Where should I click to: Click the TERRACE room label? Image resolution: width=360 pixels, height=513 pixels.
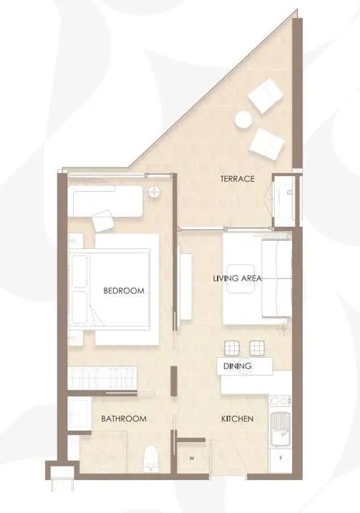click(x=237, y=179)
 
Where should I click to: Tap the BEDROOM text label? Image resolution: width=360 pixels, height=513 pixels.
click(x=124, y=290)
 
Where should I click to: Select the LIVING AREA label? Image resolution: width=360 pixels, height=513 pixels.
click(x=238, y=278)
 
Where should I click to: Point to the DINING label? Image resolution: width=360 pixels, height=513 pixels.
click(x=238, y=366)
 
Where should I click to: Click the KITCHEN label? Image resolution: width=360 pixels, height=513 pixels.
click(x=238, y=419)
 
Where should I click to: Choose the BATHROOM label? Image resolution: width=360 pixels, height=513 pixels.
click(x=124, y=419)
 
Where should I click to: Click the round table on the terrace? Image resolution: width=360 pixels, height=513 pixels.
click(x=243, y=119)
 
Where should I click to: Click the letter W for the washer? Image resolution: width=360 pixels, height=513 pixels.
click(x=192, y=459)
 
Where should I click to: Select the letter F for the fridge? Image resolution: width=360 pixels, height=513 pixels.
click(x=281, y=459)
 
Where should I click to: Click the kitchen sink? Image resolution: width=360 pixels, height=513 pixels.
click(x=281, y=429)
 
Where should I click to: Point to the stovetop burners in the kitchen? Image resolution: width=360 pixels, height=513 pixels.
click(x=280, y=402)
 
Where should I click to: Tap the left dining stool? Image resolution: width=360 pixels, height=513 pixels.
click(x=232, y=348)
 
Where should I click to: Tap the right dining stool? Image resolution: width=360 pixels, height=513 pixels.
click(x=258, y=348)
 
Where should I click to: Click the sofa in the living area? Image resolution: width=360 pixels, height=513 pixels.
click(x=276, y=278)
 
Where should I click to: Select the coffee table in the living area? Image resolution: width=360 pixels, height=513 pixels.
click(x=241, y=278)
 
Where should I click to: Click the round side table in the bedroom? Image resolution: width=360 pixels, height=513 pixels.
click(x=154, y=192)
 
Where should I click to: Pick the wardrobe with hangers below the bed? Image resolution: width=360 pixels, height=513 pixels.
click(x=102, y=378)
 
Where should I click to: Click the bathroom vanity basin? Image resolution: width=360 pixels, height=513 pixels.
click(x=79, y=414)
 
